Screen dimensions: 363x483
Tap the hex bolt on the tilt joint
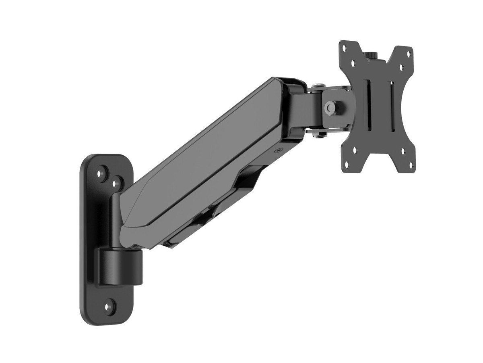[330, 107]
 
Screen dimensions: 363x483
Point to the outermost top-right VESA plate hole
[409, 54]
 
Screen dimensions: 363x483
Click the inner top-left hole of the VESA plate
[353, 63]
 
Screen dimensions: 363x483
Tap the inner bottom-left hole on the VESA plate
[355, 150]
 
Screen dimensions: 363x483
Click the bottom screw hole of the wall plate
[109, 307]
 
